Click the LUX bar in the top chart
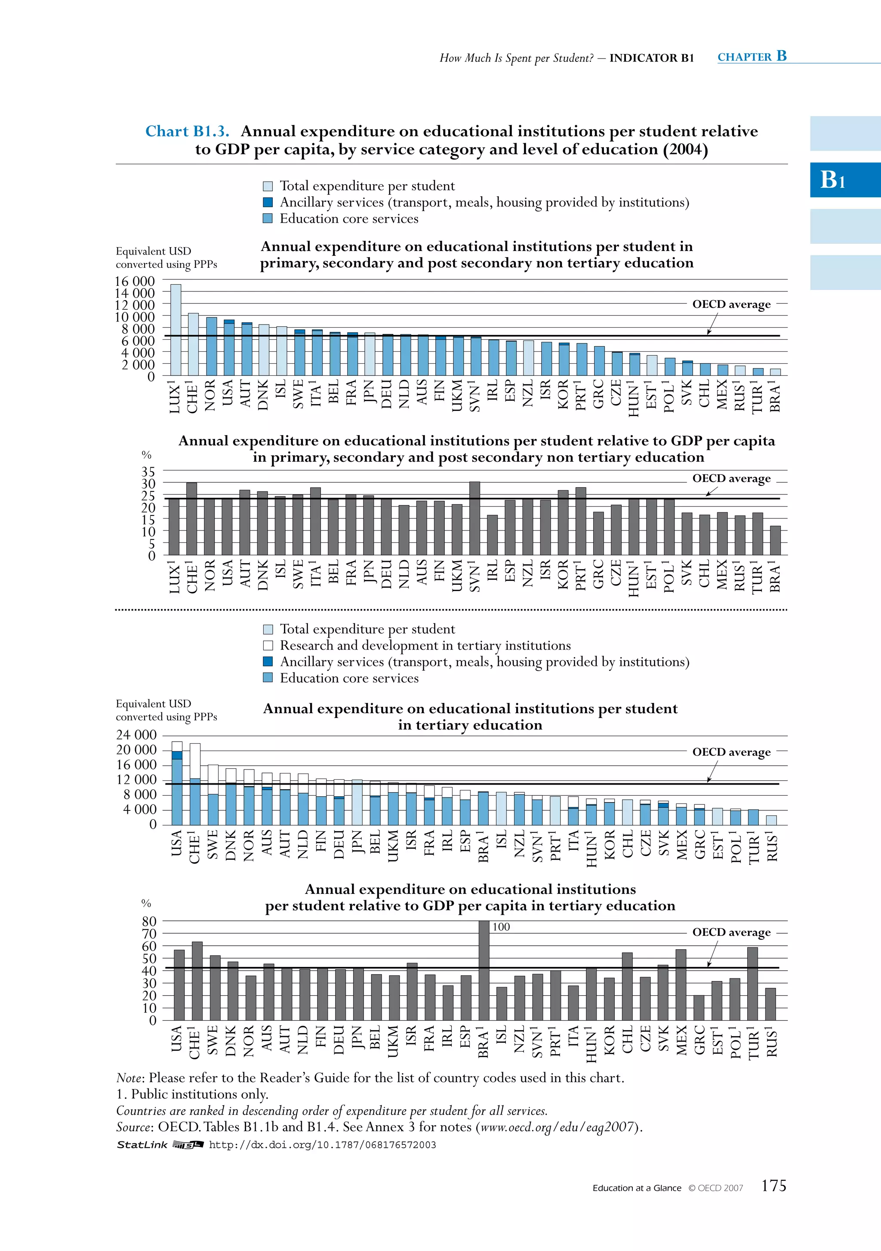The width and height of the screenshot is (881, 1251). [176, 330]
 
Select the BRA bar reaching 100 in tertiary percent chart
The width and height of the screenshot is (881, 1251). [484, 970]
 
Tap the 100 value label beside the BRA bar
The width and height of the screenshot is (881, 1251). [501, 927]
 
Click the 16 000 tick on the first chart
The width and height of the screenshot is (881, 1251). [135, 281]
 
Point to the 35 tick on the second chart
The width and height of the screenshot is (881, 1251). [148, 471]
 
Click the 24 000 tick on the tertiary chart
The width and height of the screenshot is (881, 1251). [136, 735]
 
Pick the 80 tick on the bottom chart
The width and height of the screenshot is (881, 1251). [149, 921]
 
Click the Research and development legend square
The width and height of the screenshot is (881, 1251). [268, 646]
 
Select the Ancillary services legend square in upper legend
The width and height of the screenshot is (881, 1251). [268, 202]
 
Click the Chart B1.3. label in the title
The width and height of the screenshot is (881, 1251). [187, 131]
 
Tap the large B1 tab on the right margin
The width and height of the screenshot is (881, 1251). [834, 179]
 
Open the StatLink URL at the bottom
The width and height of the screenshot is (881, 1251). [322, 1145]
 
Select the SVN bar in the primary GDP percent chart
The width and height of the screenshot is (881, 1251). [474, 518]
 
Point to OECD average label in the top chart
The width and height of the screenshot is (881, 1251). [731, 304]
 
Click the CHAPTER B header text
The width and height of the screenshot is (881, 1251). [752, 56]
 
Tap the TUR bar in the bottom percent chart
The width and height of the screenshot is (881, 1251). [752, 984]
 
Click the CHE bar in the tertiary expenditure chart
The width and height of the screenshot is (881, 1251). [194, 785]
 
